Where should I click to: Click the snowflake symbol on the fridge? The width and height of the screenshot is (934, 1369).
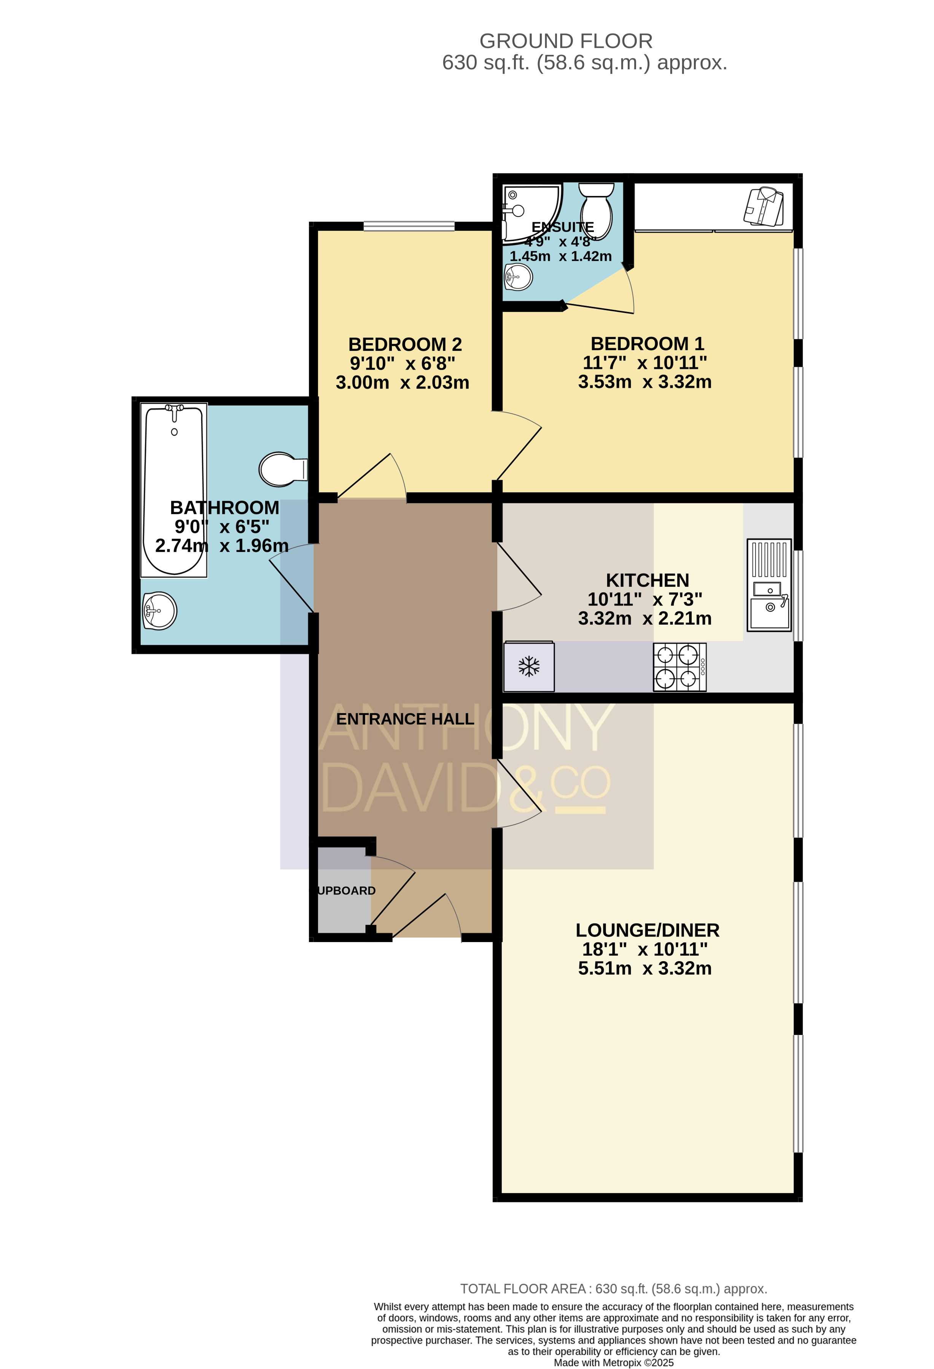click(x=529, y=666)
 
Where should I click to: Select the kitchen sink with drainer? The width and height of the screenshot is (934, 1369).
click(x=769, y=585)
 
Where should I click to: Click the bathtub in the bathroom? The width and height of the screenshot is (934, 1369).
click(x=174, y=490)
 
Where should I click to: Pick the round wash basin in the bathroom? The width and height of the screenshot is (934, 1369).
click(x=159, y=611)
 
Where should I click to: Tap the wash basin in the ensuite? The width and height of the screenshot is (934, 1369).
click(x=518, y=276)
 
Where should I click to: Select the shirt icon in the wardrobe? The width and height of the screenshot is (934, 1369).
click(x=764, y=207)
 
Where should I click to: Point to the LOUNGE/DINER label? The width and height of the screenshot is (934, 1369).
click(x=647, y=930)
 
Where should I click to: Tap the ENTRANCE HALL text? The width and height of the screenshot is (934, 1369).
click(x=405, y=719)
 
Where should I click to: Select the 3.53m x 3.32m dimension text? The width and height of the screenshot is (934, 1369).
click(x=645, y=382)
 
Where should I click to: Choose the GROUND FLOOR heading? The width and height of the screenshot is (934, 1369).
click(x=566, y=41)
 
